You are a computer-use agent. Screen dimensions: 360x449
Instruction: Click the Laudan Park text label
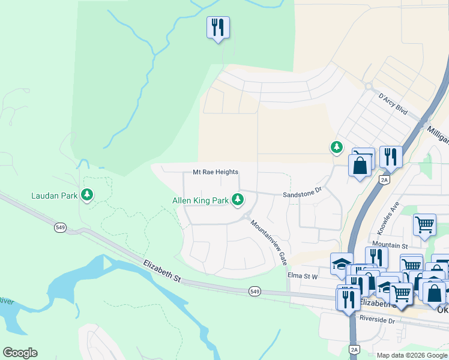55,196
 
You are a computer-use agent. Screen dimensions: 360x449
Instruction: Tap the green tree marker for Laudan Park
88,194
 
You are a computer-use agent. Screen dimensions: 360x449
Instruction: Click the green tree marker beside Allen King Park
238,199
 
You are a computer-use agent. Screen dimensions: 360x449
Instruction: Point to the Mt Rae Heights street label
215,172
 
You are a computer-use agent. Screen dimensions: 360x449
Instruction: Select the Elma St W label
302,276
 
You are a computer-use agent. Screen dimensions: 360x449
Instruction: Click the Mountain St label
390,245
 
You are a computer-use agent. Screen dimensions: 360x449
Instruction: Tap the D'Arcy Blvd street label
393,104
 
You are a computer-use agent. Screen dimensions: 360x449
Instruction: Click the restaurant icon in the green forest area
218,27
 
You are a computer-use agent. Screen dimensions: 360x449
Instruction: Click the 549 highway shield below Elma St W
255,291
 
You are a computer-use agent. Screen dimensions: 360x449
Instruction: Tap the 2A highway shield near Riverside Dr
354,349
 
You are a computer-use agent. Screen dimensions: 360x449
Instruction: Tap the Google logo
20,352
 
